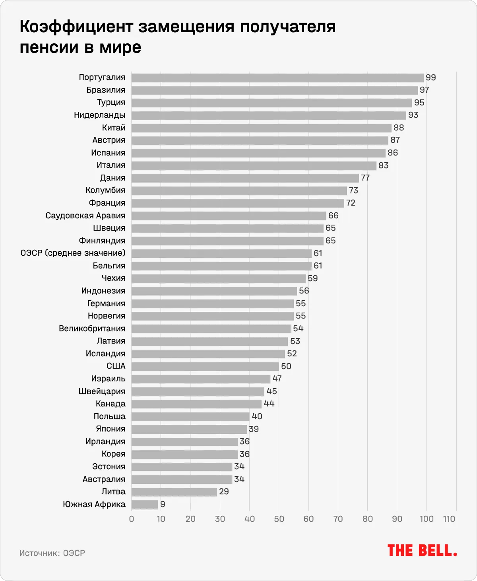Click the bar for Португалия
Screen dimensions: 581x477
(277, 78)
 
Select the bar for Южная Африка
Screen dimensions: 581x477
(145, 505)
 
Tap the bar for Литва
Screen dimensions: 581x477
(174, 492)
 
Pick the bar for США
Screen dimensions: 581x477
(205, 366)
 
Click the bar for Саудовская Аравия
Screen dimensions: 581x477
(229, 216)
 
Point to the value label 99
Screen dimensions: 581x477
(431, 78)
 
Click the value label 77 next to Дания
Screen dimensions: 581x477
(365, 178)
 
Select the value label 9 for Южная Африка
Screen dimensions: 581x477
(163, 504)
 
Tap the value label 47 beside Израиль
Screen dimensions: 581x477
(277, 379)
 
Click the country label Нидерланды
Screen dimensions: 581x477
(100, 115)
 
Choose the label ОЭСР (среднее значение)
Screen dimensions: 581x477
(73, 253)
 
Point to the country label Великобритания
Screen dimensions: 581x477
(92, 328)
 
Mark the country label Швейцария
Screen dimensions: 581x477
(102, 391)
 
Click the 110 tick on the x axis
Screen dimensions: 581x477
(449, 519)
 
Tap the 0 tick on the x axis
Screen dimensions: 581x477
(132, 519)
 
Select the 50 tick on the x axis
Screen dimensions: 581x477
(279, 519)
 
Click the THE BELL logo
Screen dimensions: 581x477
(422, 551)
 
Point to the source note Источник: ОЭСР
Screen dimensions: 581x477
(52, 553)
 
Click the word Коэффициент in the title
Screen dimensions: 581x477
(76, 27)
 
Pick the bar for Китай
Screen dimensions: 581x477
(262, 128)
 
